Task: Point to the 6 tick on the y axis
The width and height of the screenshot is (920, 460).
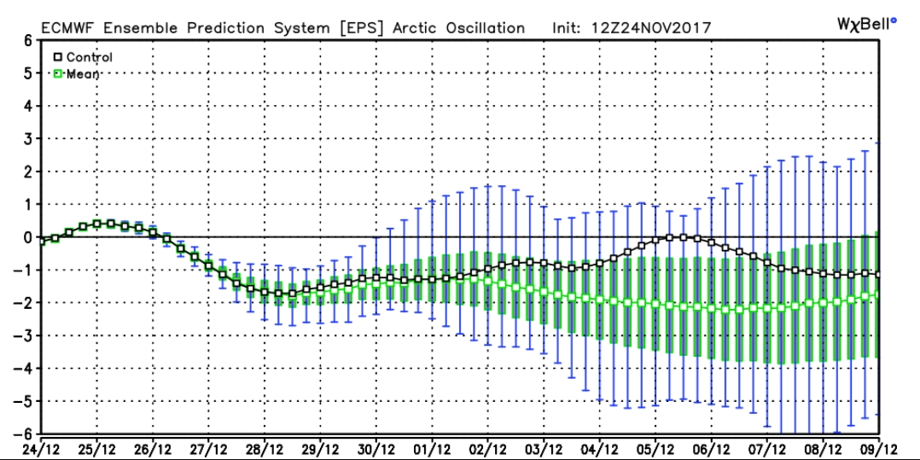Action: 28,40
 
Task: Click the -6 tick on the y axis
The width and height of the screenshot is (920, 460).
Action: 26,434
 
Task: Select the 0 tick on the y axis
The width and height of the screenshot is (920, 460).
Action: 28,237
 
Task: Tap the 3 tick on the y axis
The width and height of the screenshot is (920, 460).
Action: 28,138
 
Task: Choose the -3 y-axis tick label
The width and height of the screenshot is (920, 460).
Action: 26,335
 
